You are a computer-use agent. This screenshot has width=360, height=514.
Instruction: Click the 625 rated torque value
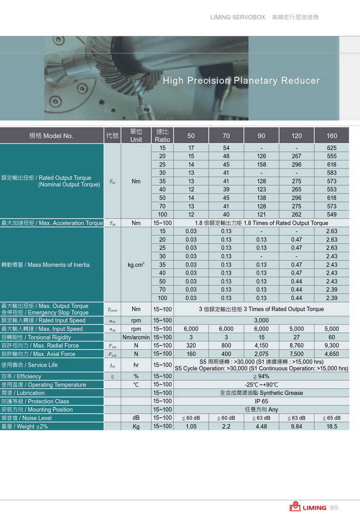pos(331,148)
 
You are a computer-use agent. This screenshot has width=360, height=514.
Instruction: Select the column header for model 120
pos(297,136)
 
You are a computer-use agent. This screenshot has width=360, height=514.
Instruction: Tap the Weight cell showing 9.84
pos(297,426)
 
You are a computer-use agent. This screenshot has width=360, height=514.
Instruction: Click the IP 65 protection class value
pos(261,402)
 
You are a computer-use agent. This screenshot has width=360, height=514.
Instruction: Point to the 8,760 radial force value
pos(297,346)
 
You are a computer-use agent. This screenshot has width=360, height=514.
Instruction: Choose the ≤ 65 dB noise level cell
pos(331,418)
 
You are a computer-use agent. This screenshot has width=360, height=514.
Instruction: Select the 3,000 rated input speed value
pos(261,321)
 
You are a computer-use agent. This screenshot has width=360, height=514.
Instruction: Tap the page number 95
pos(334,508)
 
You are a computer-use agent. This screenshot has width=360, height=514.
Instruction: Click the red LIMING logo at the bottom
pos(308,507)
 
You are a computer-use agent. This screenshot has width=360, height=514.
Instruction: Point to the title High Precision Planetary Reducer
pos(241,80)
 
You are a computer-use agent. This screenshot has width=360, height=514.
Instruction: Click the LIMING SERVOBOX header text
pos(237,17)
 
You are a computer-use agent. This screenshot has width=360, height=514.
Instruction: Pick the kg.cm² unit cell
pos(136,265)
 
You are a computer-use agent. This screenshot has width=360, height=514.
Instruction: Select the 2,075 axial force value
pos(261,354)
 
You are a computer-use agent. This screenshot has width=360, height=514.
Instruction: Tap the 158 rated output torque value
pos(261,164)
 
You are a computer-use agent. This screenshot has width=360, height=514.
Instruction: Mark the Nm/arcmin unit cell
pos(136,337)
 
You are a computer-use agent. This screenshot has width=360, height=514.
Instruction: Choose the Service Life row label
pos(30,365)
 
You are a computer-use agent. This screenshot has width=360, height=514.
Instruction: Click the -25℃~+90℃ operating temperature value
pos(261,385)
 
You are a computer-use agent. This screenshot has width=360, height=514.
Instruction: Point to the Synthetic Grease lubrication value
pos(261,393)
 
